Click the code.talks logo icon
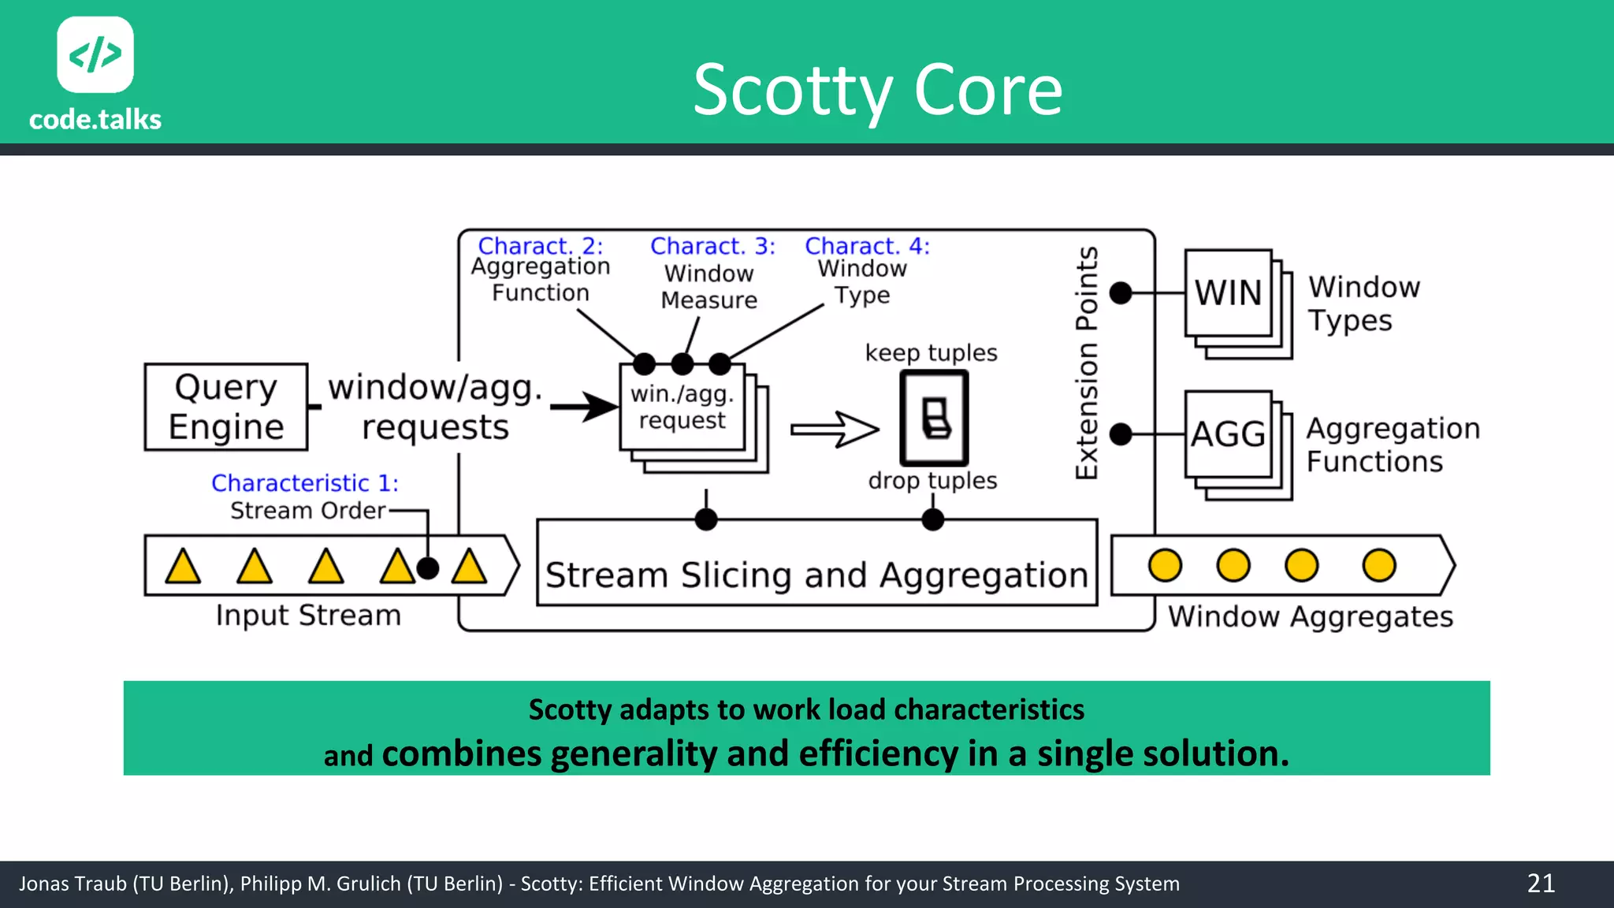click(95, 54)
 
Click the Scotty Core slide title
click(878, 90)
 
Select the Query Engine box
click(225, 407)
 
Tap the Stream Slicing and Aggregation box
click(816, 575)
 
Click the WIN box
click(1228, 293)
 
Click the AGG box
click(1228, 434)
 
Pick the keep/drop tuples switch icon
click(935, 418)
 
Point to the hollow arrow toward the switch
click(835, 430)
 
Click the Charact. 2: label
click(541, 246)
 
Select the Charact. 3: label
click(712, 246)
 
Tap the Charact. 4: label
click(867, 246)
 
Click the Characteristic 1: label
click(305, 482)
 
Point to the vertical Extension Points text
click(1087, 363)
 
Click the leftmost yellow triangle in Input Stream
click(183, 567)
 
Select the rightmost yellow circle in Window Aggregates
click(1378, 565)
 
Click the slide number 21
click(1541, 884)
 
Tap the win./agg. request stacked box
click(682, 407)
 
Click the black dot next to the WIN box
click(1121, 293)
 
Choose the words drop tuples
click(932, 480)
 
